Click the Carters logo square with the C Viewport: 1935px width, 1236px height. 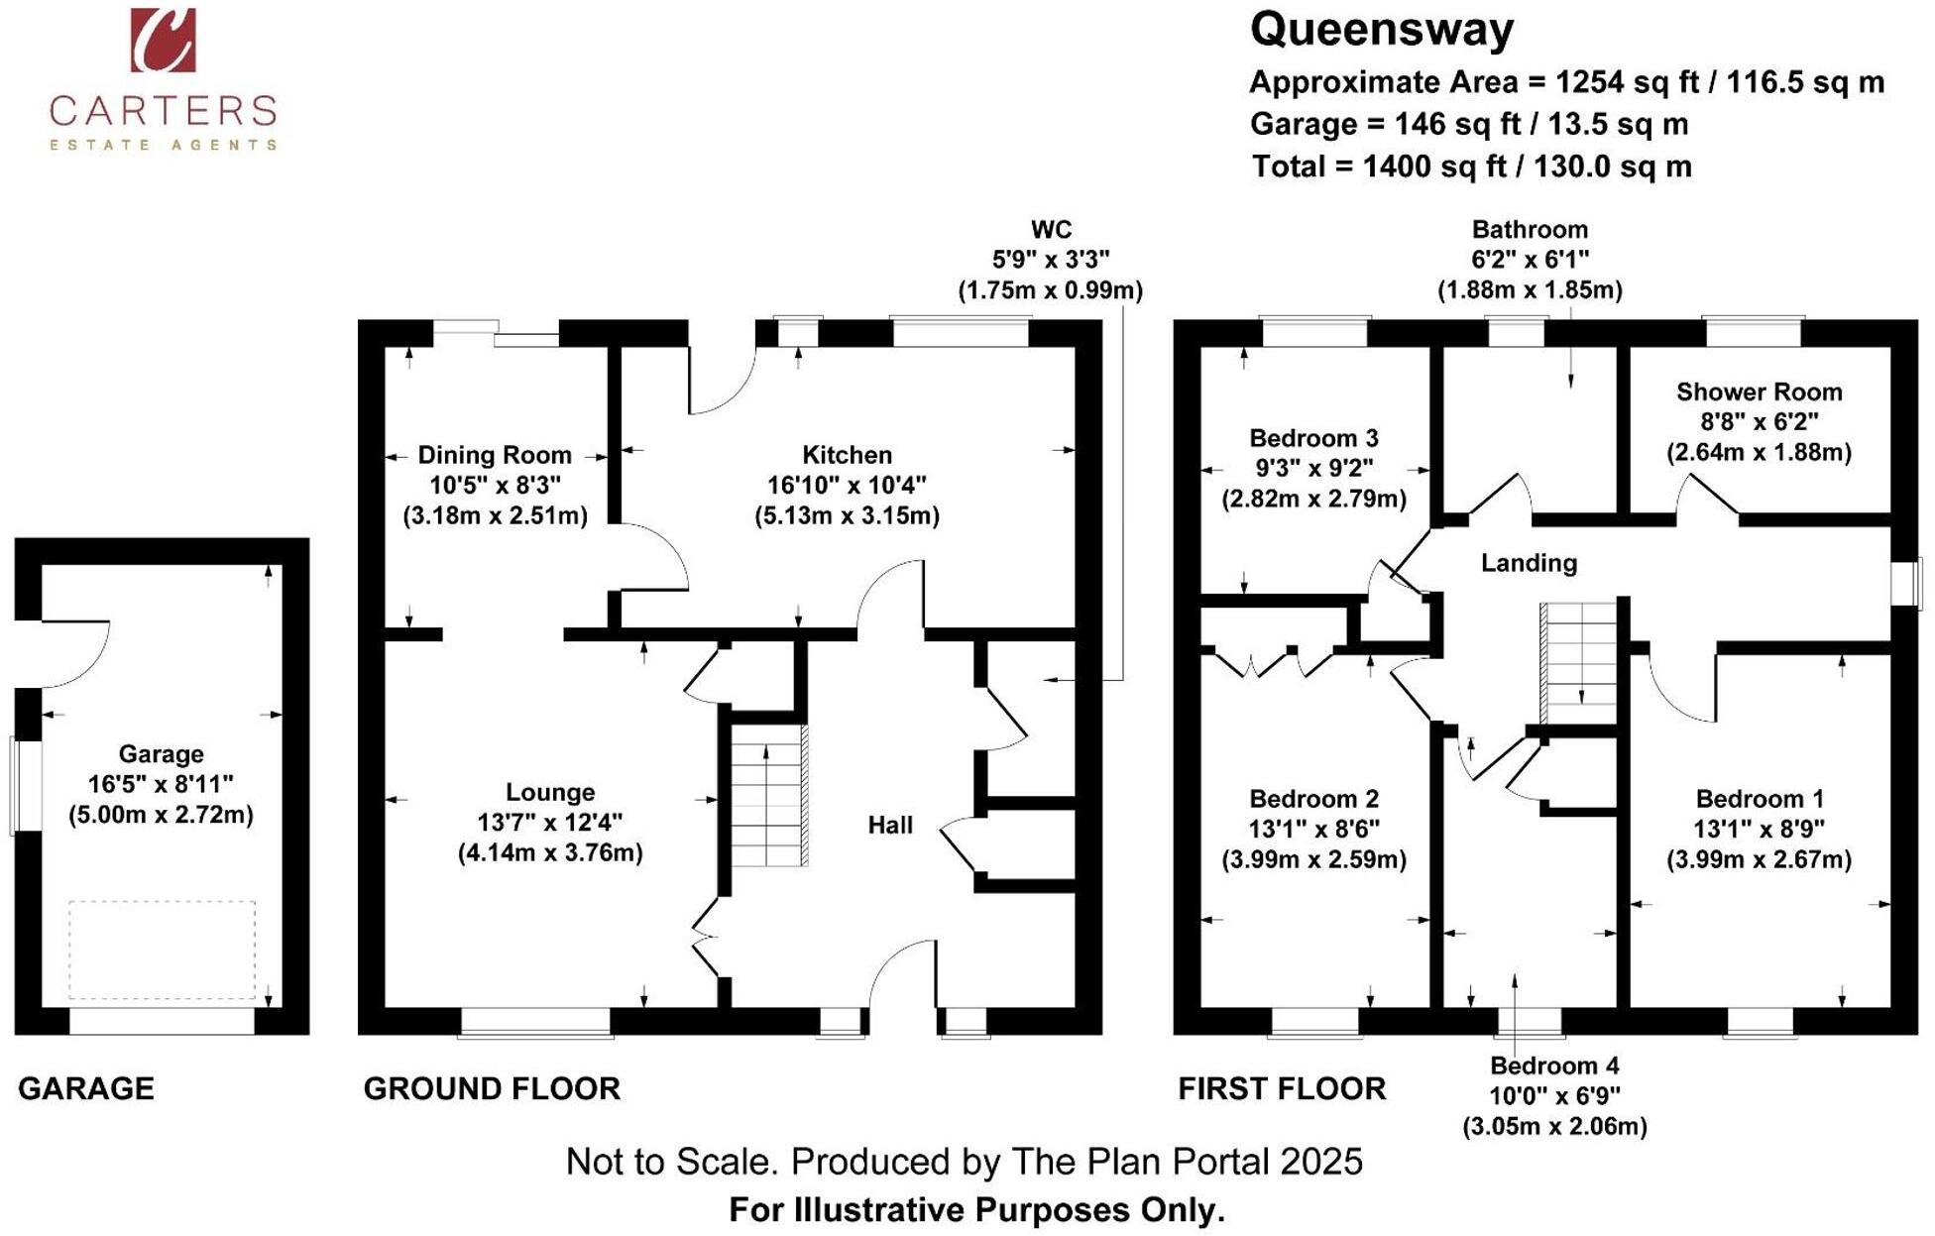pos(163,40)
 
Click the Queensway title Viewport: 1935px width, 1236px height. pos(1381,30)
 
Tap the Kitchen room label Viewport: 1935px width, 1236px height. pos(847,455)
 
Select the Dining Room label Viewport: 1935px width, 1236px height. pos(495,455)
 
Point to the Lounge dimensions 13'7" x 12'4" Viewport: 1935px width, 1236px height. pos(550,822)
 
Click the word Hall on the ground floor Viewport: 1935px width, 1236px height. pos(889,825)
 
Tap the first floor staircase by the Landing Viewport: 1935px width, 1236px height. pos(1579,662)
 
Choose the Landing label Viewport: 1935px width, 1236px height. pos(1529,563)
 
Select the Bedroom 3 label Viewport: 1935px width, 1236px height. pos(1313,438)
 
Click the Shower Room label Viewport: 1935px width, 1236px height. pos(1759,392)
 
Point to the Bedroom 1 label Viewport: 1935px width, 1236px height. pos(1759,799)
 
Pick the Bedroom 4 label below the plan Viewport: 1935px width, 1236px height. pos(1554,1066)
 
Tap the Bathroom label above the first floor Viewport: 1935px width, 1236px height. pos(1530,230)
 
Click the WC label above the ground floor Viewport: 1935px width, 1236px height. pos(1051,230)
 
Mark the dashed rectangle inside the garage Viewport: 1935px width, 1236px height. pos(162,950)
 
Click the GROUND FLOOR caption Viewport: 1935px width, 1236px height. pos(492,1088)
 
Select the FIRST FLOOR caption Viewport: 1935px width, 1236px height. pos(1282,1088)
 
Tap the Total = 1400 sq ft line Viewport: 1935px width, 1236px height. pos(1471,167)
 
